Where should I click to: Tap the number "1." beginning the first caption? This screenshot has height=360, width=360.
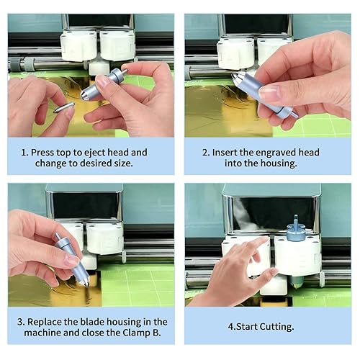(x=24, y=153)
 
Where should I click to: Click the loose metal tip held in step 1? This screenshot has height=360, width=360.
(x=63, y=107)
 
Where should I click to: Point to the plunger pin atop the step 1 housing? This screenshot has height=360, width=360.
(x=125, y=71)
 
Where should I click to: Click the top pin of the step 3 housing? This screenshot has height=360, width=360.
(x=58, y=235)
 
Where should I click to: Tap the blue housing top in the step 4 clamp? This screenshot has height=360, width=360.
(x=296, y=228)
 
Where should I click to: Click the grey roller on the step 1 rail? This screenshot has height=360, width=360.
(x=29, y=65)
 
